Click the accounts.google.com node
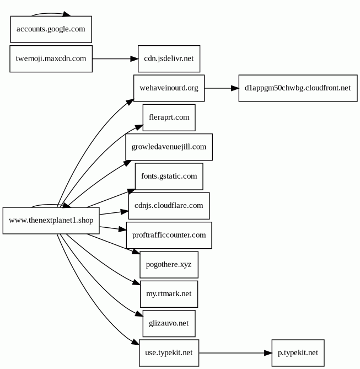[51, 29]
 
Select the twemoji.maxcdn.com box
[51, 59]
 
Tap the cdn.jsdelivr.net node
[169, 59]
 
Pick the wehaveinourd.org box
[169, 88]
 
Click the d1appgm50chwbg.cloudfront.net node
[298, 88]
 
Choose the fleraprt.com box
[169, 117]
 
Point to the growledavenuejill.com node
[169, 147]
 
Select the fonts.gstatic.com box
[169, 177]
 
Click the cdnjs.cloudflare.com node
[169, 206]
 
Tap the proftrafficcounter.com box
[169, 236]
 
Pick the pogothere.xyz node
[169, 265]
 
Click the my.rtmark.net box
[169, 294]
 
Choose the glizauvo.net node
[169, 324]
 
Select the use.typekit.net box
[169, 353]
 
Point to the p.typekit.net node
[298, 353]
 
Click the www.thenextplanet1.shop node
[51, 221]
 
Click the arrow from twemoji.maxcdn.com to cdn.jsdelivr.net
[115, 59]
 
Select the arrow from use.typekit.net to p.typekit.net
[235, 353]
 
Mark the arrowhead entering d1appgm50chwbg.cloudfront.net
[235, 88]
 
